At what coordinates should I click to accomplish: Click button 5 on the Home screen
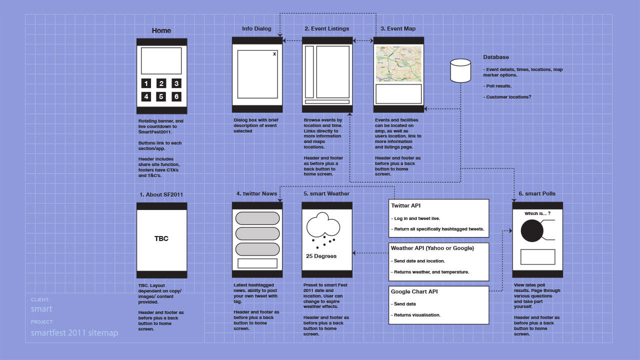[x=161, y=96]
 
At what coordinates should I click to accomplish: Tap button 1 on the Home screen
[x=146, y=83]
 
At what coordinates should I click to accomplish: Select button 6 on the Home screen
[x=176, y=96]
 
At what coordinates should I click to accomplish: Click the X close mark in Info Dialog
[x=274, y=53]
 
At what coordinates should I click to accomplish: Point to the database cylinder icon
[x=460, y=71]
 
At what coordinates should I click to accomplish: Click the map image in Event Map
[x=398, y=64]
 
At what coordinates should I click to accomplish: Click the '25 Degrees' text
[x=321, y=256]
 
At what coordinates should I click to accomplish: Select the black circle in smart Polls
[x=531, y=230]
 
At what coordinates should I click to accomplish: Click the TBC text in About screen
[x=161, y=238]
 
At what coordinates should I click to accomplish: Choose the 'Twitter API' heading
[x=405, y=205]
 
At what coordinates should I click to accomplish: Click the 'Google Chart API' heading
[x=414, y=291]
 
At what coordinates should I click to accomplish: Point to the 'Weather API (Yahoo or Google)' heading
[x=432, y=248]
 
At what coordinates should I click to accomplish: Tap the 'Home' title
[x=161, y=30]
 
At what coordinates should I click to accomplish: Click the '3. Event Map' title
[x=398, y=28]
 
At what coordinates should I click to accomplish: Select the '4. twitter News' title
[x=256, y=193]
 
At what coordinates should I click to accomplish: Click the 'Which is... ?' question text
[x=537, y=213]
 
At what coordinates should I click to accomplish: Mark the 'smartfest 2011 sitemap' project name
[x=74, y=333]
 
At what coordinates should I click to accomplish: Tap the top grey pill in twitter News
[x=257, y=218]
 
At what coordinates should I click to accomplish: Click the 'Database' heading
[x=496, y=57]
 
